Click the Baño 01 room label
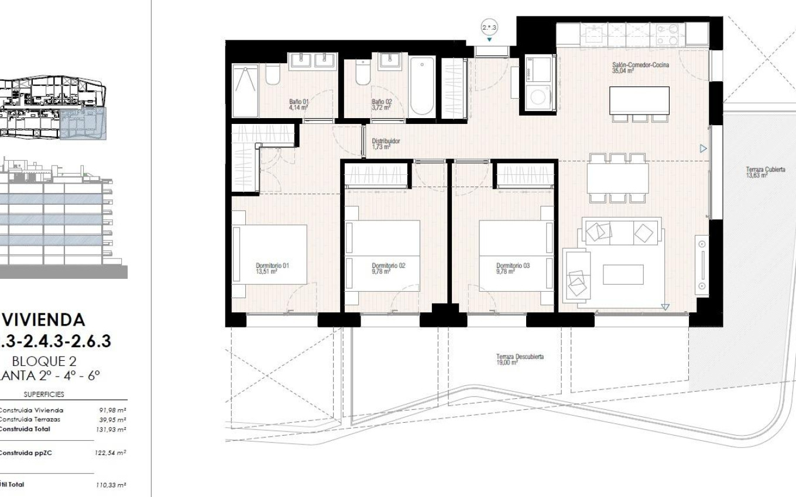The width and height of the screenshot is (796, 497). pyautogui.click(x=298, y=105)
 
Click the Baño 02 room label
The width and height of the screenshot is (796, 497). pyautogui.click(x=382, y=105)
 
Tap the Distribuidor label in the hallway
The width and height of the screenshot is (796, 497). pyautogui.click(x=386, y=144)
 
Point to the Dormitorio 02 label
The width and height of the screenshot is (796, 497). pyautogui.click(x=388, y=268)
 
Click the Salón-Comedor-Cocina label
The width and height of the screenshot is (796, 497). pyautogui.click(x=640, y=68)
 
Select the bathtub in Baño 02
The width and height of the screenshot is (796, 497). pyautogui.click(x=423, y=87)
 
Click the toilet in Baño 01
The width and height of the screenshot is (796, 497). pyautogui.click(x=273, y=75)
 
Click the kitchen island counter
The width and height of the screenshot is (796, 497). pyautogui.click(x=639, y=100)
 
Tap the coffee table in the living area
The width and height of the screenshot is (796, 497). pyautogui.click(x=623, y=275)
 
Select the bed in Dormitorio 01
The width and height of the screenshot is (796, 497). pyautogui.click(x=270, y=254)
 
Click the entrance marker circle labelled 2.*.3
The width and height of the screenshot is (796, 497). pyautogui.click(x=489, y=27)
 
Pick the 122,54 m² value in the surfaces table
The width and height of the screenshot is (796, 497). pyautogui.click(x=111, y=453)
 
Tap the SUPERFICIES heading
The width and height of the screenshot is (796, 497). pyautogui.click(x=44, y=395)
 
